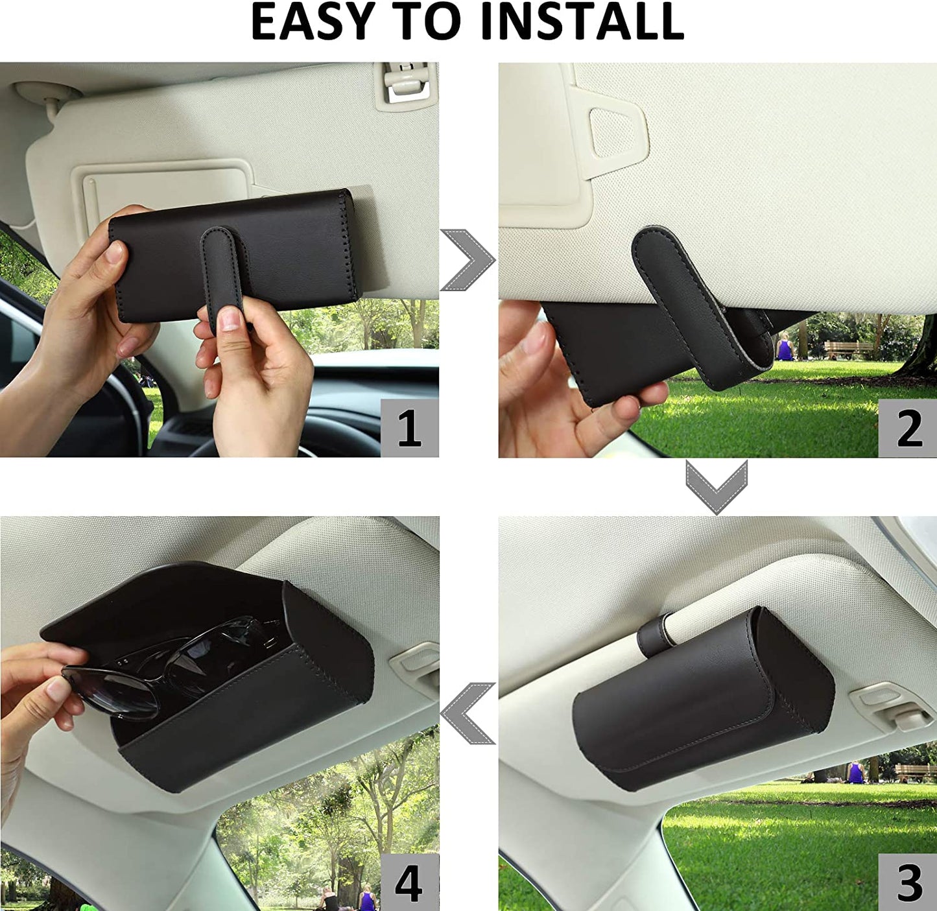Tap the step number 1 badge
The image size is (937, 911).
click(409, 429)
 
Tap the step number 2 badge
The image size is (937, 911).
click(907, 429)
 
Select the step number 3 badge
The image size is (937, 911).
click(907, 882)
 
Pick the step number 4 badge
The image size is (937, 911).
click(409, 882)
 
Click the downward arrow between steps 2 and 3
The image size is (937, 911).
click(717, 486)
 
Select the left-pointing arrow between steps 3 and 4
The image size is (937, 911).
click(468, 713)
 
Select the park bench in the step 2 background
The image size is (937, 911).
click(848, 349)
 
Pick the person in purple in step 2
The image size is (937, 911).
click(785, 349)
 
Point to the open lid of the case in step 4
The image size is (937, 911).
click(162, 597)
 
